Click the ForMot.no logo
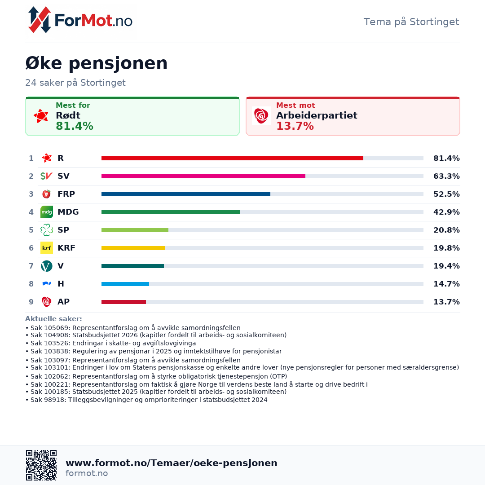point(81,20)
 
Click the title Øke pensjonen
point(97,63)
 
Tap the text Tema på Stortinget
point(411,22)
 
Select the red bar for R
point(232,158)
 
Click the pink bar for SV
point(203,176)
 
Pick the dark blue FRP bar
point(186,194)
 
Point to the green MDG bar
point(171,212)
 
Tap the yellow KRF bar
point(133,248)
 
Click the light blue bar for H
point(125,284)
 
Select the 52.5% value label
point(446,194)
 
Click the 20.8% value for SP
point(446,230)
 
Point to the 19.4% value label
point(446,266)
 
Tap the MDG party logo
point(47,212)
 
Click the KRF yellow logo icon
point(47,248)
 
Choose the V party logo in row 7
point(47,266)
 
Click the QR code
point(41,465)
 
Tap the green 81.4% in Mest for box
point(75,126)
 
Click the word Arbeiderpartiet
point(317,115)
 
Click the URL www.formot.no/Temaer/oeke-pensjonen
point(172,463)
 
